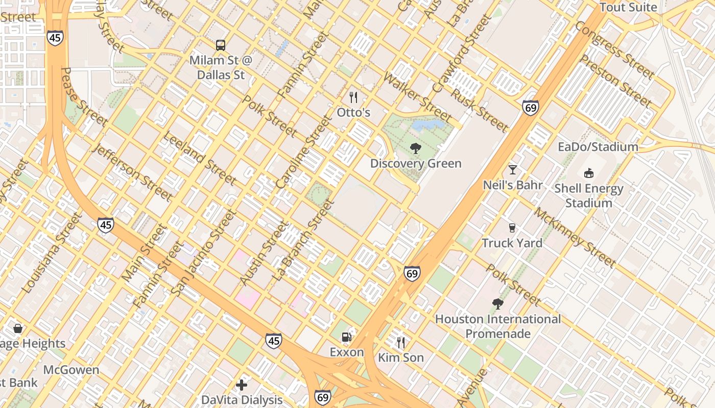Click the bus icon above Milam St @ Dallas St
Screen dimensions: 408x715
(x=220, y=45)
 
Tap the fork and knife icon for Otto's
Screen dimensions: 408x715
(x=353, y=97)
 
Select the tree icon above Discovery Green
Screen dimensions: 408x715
(x=416, y=148)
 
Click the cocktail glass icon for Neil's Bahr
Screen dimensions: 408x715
(x=513, y=170)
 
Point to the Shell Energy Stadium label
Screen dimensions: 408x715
(x=589, y=196)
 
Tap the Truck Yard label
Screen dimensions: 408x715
(x=512, y=243)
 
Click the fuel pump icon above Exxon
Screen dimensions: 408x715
(x=347, y=337)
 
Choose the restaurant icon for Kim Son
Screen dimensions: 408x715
(x=401, y=342)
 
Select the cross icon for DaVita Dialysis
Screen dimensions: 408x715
(x=242, y=385)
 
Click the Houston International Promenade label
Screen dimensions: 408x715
(x=498, y=326)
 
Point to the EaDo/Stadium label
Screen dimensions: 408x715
(x=598, y=147)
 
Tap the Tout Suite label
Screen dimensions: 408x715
(x=628, y=7)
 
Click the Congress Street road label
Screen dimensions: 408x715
(x=614, y=50)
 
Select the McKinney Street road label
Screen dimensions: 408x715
(x=575, y=238)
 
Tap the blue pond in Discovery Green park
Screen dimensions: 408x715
(x=427, y=125)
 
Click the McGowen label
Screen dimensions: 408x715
(x=71, y=370)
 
